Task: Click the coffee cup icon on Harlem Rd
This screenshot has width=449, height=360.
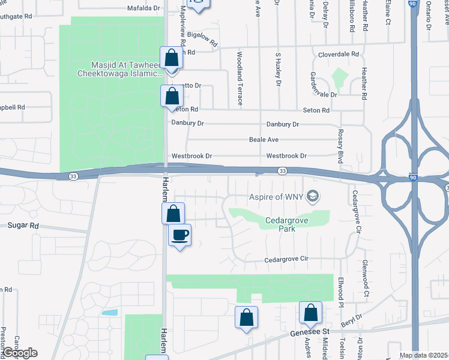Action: (179, 234)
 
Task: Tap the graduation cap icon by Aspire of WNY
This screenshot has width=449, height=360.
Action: (312, 196)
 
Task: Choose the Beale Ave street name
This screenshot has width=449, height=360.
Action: (264, 140)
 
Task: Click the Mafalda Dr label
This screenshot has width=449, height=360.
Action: (145, 9)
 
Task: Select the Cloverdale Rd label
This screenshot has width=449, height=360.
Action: (339, 54)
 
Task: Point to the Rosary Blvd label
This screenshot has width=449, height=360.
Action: (340, 146)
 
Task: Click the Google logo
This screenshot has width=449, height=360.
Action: (19, 353)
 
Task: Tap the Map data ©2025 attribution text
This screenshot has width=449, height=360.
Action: (424, 355)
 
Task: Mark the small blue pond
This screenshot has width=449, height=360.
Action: (110, 313)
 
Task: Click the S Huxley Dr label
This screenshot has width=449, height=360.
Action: (278, 70)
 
